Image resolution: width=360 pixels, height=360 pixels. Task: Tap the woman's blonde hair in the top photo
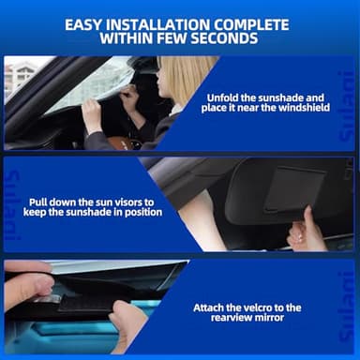tap(191, 80)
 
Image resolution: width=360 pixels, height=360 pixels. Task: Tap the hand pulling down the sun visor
tap(305, 231)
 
